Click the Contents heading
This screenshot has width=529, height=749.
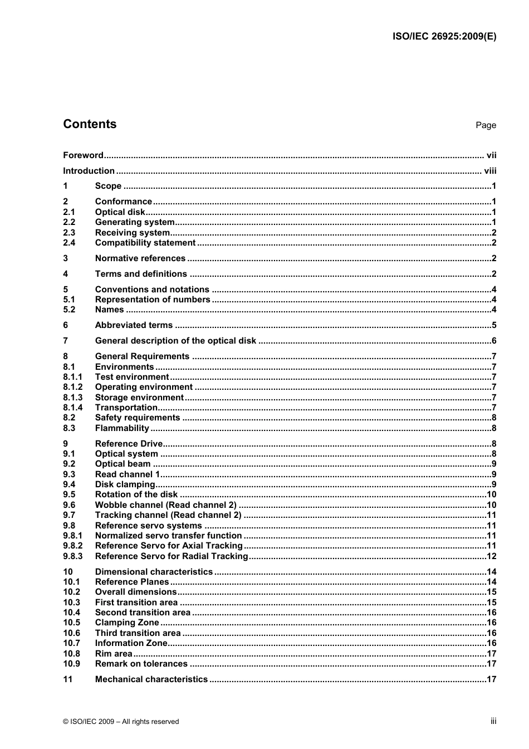pos(90,124)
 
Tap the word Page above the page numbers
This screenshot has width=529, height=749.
pos(486,125)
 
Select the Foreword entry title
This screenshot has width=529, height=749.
pos(83,155)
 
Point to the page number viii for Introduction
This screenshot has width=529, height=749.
pos(490,171)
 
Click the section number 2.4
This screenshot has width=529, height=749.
pos(69,243)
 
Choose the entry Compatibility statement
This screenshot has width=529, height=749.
pos(145,243)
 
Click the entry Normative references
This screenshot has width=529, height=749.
pos(140,258)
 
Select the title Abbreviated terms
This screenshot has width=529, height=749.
pos(134,325)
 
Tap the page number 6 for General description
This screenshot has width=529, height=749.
pos(493,341)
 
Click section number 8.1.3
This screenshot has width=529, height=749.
pos(72,398)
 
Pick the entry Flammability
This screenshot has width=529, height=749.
pos(122,428)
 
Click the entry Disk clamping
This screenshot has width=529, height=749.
pos(125,484)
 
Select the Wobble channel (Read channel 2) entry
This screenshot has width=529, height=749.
pos(166,505)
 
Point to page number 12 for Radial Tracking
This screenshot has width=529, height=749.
pos(491,556)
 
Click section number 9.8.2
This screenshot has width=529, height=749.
pos(72,546)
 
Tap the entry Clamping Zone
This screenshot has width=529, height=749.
pos(127,623)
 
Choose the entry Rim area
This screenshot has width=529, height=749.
pos(114,654)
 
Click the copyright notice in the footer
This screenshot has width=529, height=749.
pos(121,722)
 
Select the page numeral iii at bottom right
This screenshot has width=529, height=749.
pos(493,721)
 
